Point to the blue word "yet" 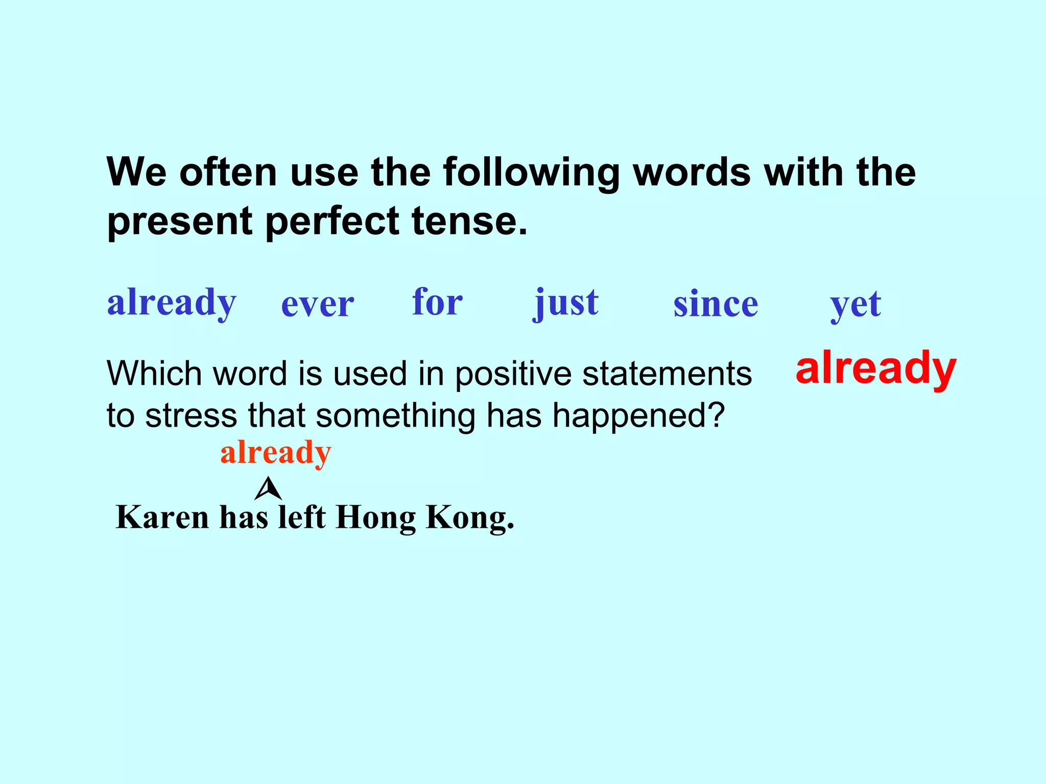coord(855,305)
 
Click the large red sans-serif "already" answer coord(875,368)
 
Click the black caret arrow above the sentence coord(268,489)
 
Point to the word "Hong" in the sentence coord(376,518)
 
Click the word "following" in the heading coord(531,173)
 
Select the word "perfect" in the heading coord(332,221)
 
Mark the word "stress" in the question coord(191,415)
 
